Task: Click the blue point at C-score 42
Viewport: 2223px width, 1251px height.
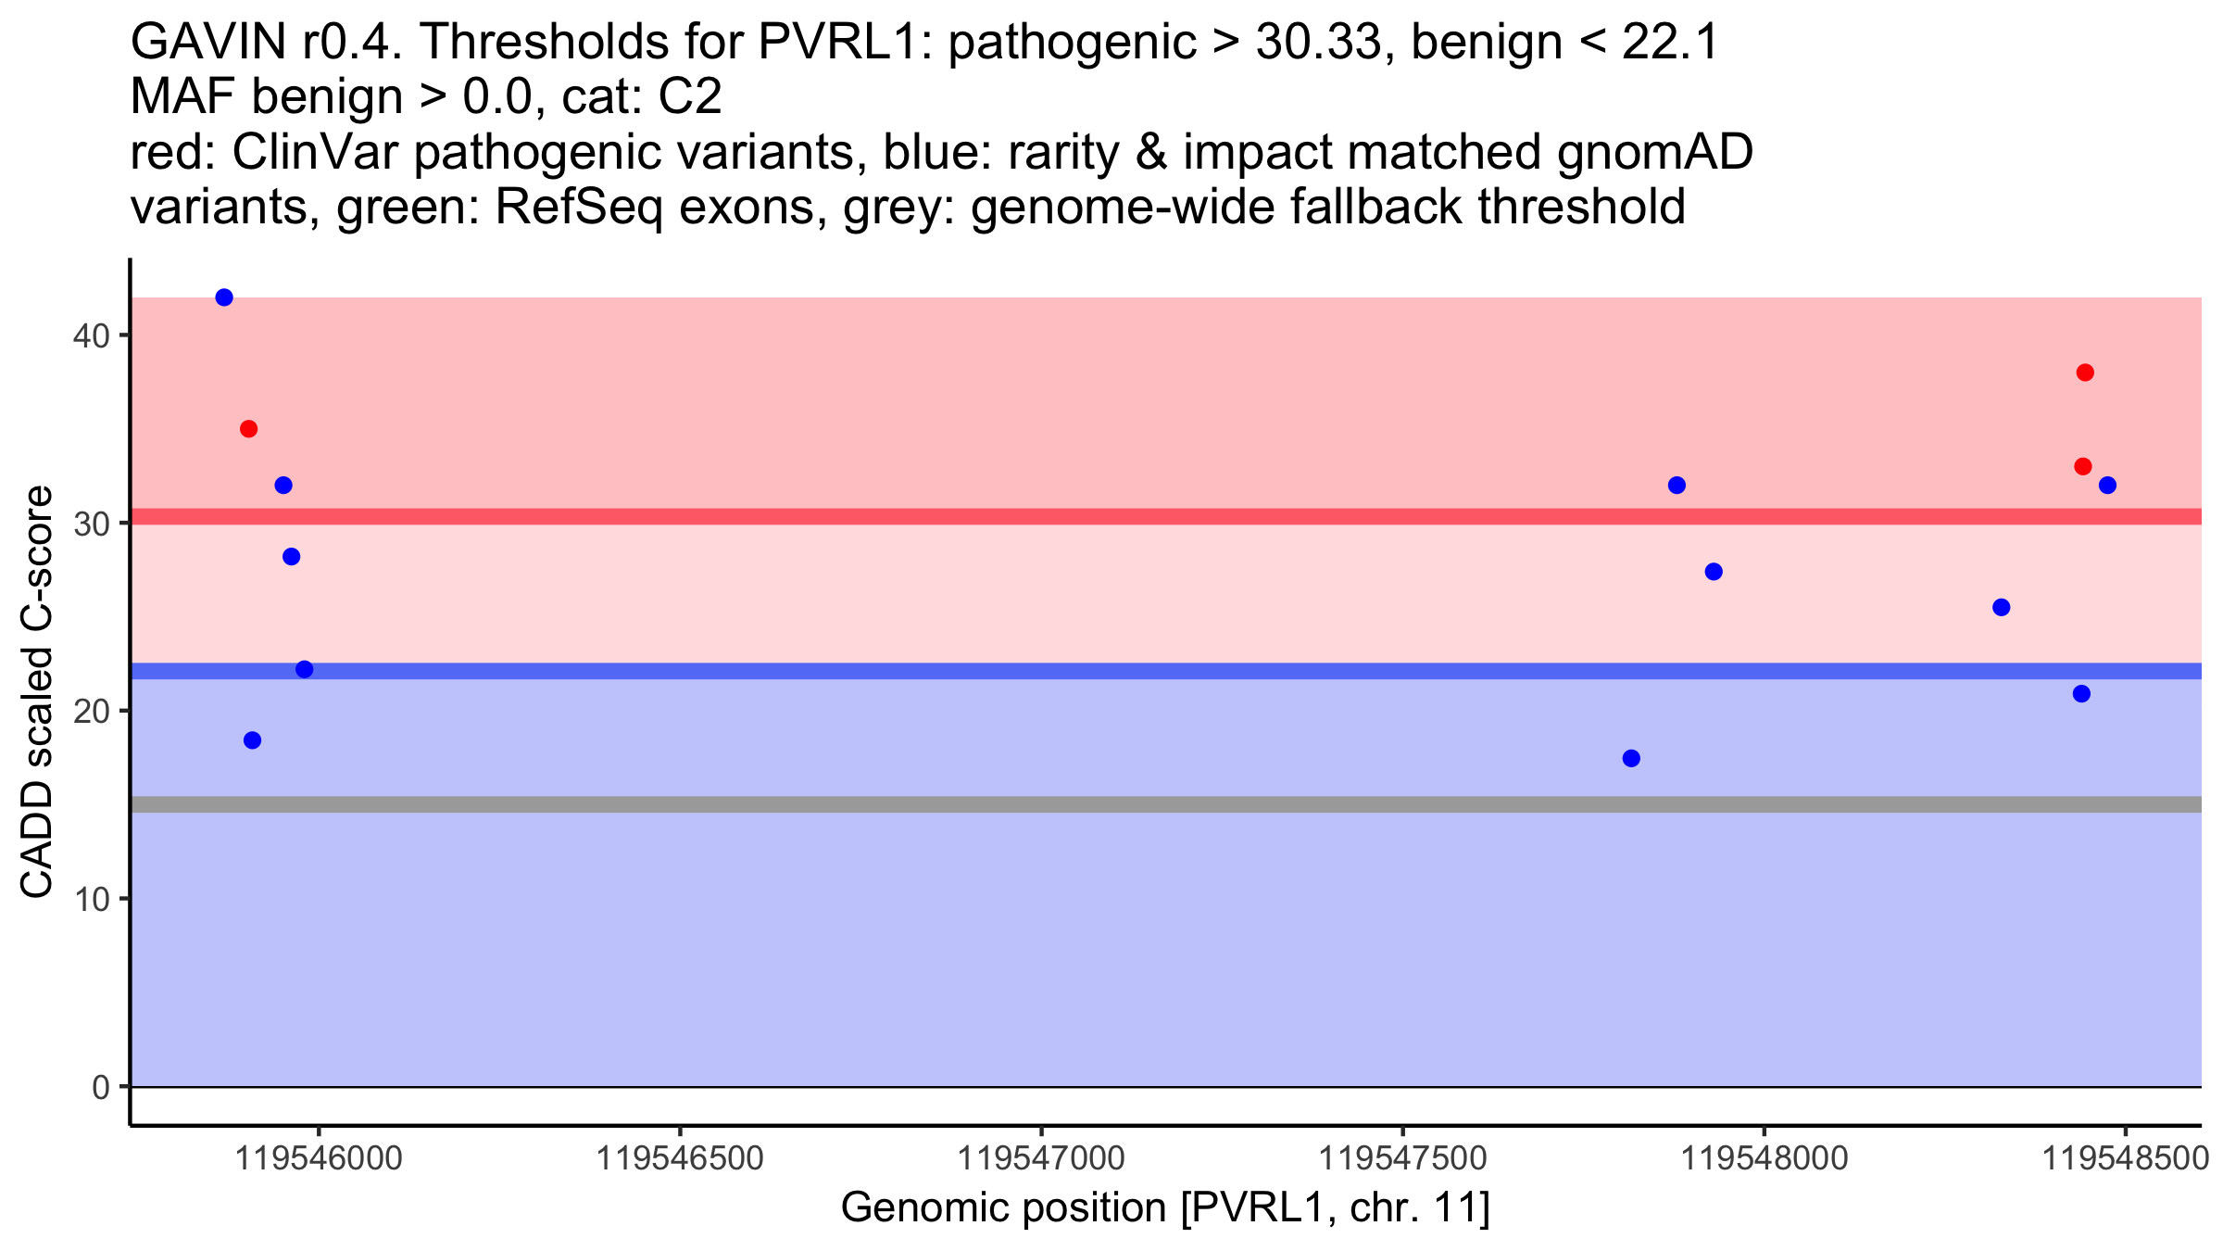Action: coord(224,297)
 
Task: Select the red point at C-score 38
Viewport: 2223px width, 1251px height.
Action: coord(2085,373)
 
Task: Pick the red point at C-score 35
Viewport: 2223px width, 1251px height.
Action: coord(248,429)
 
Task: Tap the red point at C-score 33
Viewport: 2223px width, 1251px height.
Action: coord(2083,466)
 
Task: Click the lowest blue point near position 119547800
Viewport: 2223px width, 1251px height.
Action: coord(1631,758)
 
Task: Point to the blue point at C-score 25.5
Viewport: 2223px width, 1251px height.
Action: coord(2001,607)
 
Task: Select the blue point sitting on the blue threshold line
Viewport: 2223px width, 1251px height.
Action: coord(304,669)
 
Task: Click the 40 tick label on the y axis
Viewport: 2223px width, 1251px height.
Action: coord(90,335)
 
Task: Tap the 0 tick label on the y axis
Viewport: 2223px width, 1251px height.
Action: coord(100,1087)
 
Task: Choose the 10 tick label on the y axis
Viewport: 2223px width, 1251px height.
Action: coord(90,899)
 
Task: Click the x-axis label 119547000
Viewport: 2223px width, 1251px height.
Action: coord(1041,1158)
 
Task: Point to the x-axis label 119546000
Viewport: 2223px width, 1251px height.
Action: coord(319,1158)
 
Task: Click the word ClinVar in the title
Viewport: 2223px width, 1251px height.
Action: coord(315,153)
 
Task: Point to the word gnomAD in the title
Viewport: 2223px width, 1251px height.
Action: coord(1654,153)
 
